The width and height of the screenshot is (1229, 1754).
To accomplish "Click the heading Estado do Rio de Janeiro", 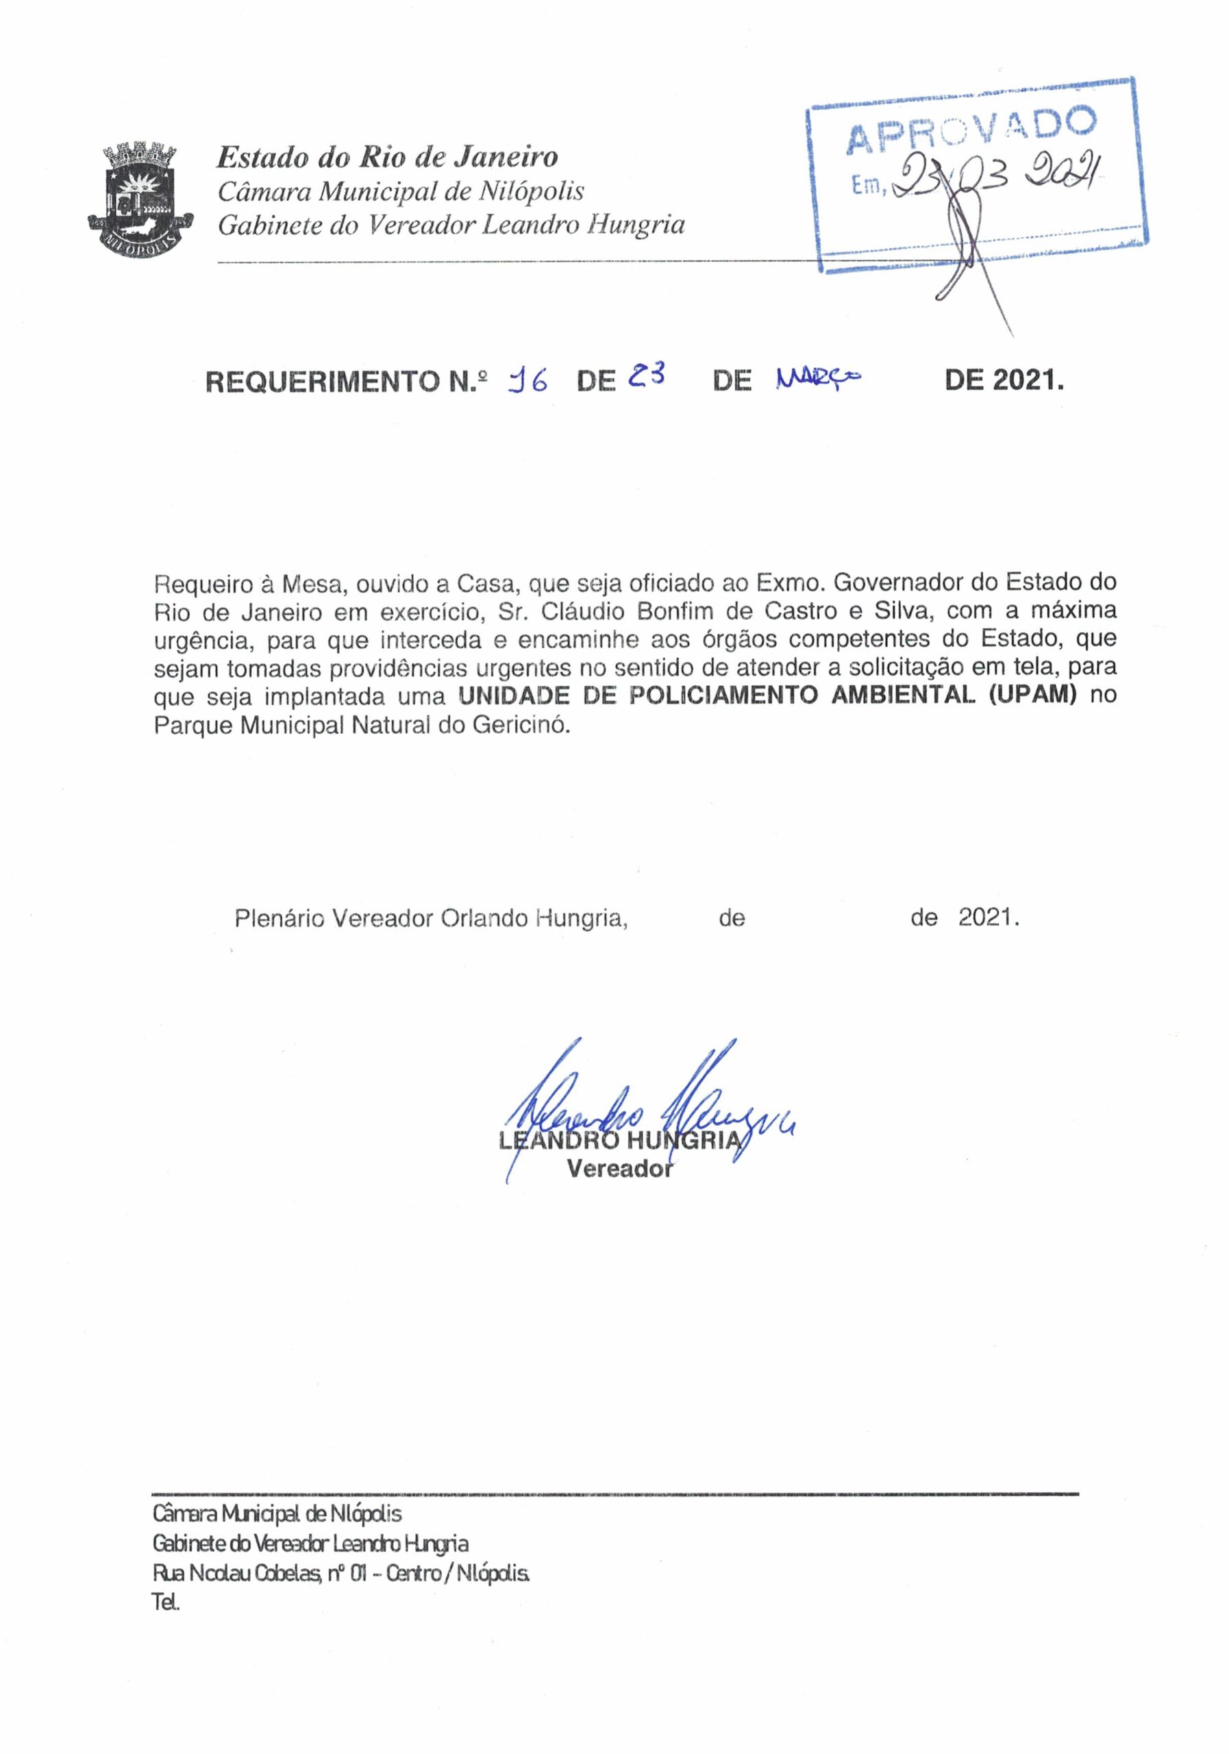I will pyautogui.click(x=387, y=158).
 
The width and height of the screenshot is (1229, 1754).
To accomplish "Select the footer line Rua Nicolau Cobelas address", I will pyautogui.click(x=340, y=1574).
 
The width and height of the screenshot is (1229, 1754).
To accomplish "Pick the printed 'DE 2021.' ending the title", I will pyautogui.click(x=1004, y=380).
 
